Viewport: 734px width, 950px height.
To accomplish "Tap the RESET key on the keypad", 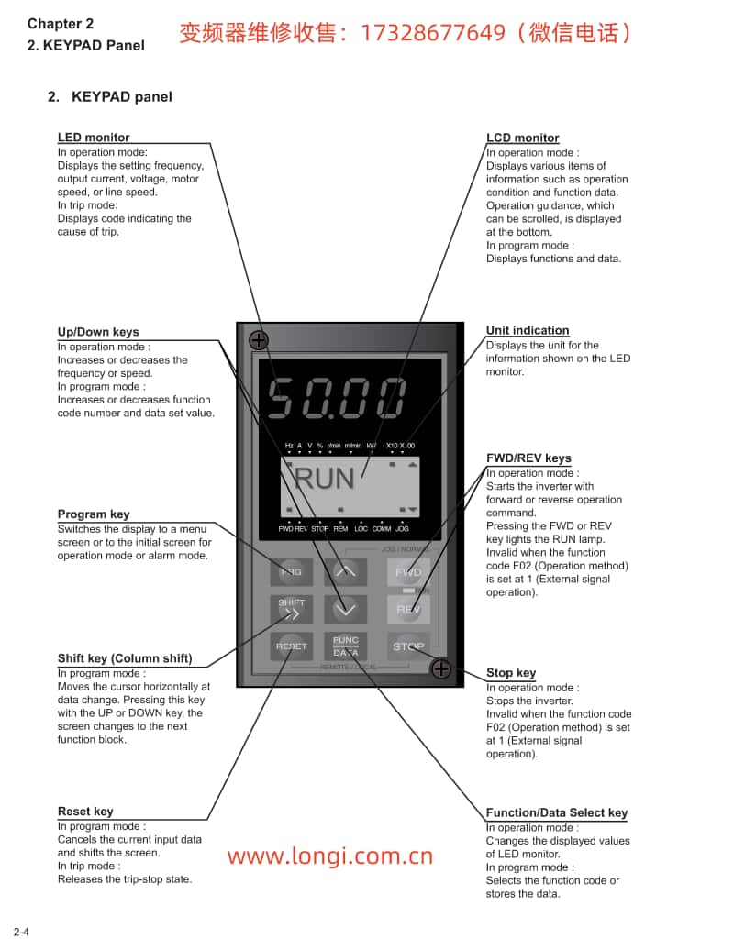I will pyautogui.click(x=292, y=646).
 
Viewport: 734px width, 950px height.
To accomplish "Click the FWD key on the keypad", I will pyautogui.click(x=408, y=572).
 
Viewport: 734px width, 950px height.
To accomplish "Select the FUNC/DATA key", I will pyautogui.click(x=346, y=646).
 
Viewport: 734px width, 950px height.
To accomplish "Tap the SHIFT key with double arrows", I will pyautogui.click(x=292, y=608).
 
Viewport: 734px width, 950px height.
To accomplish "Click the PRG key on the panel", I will pyautogui.click(x=292, y=572).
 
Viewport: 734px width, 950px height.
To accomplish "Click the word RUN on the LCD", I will pyautogui.click(x=324, y=478).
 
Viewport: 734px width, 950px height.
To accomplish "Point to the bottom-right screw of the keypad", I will pyautogui.click(x=441, y=668).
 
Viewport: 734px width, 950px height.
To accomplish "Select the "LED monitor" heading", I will pyautogui.click(x=94, y=138).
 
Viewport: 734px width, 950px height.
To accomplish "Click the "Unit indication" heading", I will pyautogui.click(x=528, y=330).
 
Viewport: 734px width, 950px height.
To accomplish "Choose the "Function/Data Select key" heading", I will pyautogui.click(x=557, y=812).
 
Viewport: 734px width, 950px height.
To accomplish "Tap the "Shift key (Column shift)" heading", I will pyautogui.click(x=125, y=658).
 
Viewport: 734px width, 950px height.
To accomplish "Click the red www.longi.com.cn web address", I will pyautogui.click(x=330, y=857).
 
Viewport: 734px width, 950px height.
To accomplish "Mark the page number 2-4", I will pyautogui.click(x=20, y=933).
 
